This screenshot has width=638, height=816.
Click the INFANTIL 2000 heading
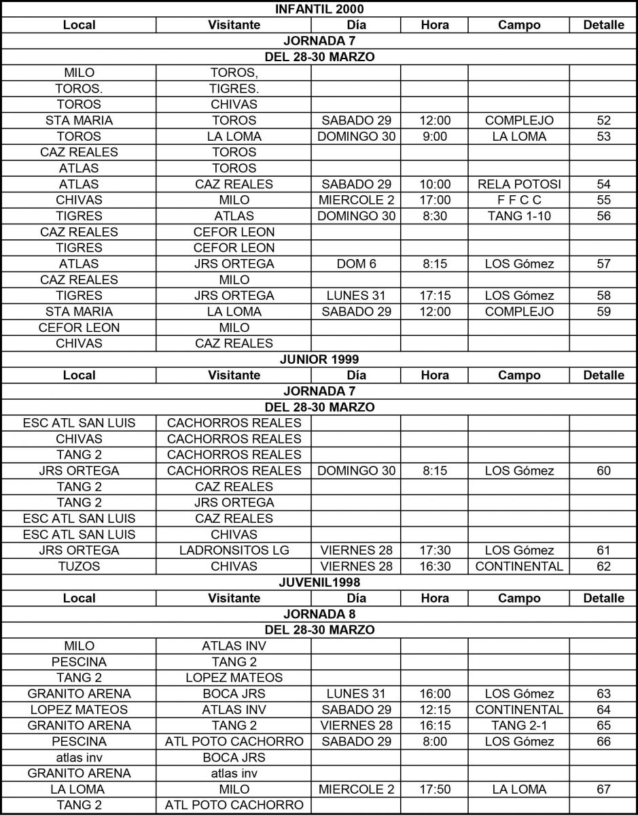319,9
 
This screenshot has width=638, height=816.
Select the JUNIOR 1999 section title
319,359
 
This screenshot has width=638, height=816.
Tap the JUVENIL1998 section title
319,582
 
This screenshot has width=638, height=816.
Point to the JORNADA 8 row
319,614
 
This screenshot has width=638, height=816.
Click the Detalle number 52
603,120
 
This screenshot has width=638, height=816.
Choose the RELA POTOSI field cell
519,184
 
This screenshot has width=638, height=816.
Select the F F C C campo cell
519,200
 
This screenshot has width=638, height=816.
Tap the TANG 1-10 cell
519,216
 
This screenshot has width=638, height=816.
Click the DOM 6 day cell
356,264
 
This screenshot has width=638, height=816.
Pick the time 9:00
435,137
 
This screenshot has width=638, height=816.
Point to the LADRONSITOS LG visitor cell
234,550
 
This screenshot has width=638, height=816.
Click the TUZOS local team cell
79,566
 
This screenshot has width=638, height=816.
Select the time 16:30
435,566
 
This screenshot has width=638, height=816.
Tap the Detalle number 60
603,471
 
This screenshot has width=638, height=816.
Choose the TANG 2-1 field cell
519,726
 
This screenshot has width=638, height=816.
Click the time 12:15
435,709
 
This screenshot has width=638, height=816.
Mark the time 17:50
435,789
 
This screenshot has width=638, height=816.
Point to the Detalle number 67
603,789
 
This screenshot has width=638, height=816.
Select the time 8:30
435,216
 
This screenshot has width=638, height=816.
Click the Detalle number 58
603,296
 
